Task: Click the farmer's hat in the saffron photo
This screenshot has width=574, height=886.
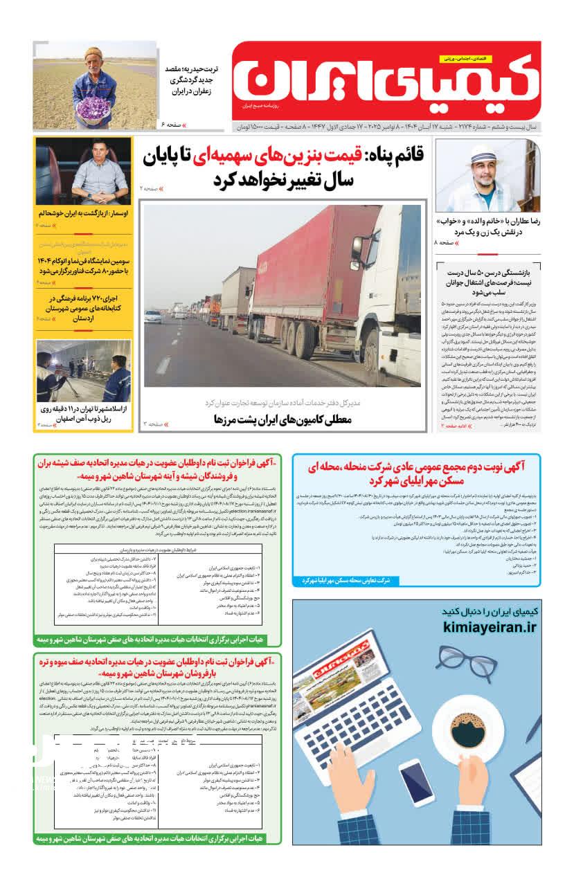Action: (x=91, y=52)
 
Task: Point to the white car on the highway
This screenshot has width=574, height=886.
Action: (x=153, y=316)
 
